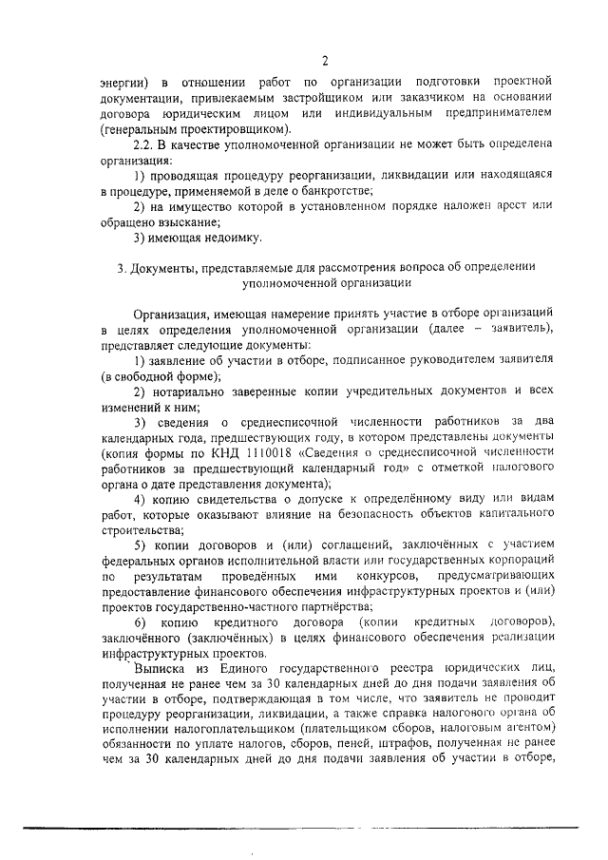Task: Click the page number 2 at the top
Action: pos(324,63)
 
